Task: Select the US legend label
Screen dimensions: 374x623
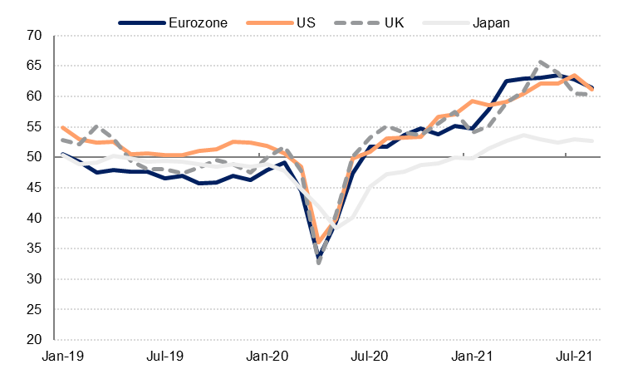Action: point(307,22)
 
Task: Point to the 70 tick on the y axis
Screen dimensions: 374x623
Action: point(34,36)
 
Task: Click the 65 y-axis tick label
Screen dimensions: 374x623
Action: point(34,66)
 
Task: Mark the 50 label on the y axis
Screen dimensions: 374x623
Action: point(34,157)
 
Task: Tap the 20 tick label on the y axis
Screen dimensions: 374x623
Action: point(34,340)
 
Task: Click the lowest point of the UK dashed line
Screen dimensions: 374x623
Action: point(319,263)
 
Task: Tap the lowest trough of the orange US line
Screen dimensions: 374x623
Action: point(319,242)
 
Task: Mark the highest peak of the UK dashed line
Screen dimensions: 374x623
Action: point(542,62)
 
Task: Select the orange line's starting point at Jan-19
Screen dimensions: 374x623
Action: point(63,127)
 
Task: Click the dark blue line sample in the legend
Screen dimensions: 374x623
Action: point(141,22)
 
